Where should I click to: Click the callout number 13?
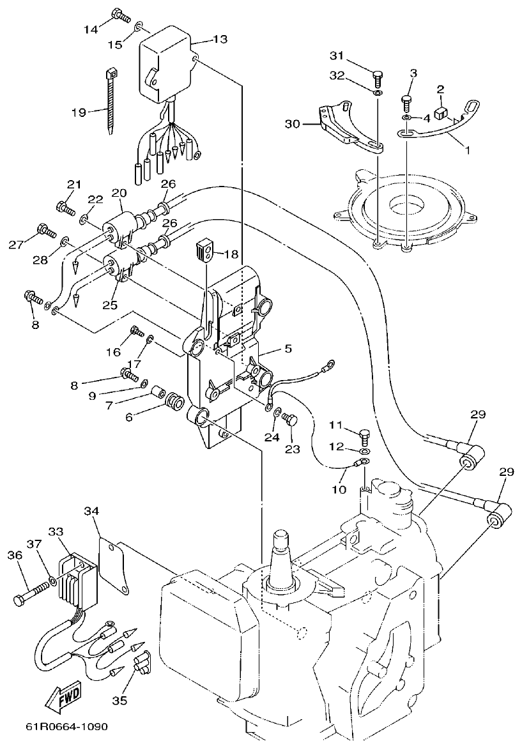pos(220,40)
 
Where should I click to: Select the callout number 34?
pos(92,510)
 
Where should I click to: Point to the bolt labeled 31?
pos(378,77)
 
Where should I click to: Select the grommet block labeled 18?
pos(204,248)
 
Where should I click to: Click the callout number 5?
pos(288,349)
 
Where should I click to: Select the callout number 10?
pos(339,489)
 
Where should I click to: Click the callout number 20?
pos(119,192)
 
